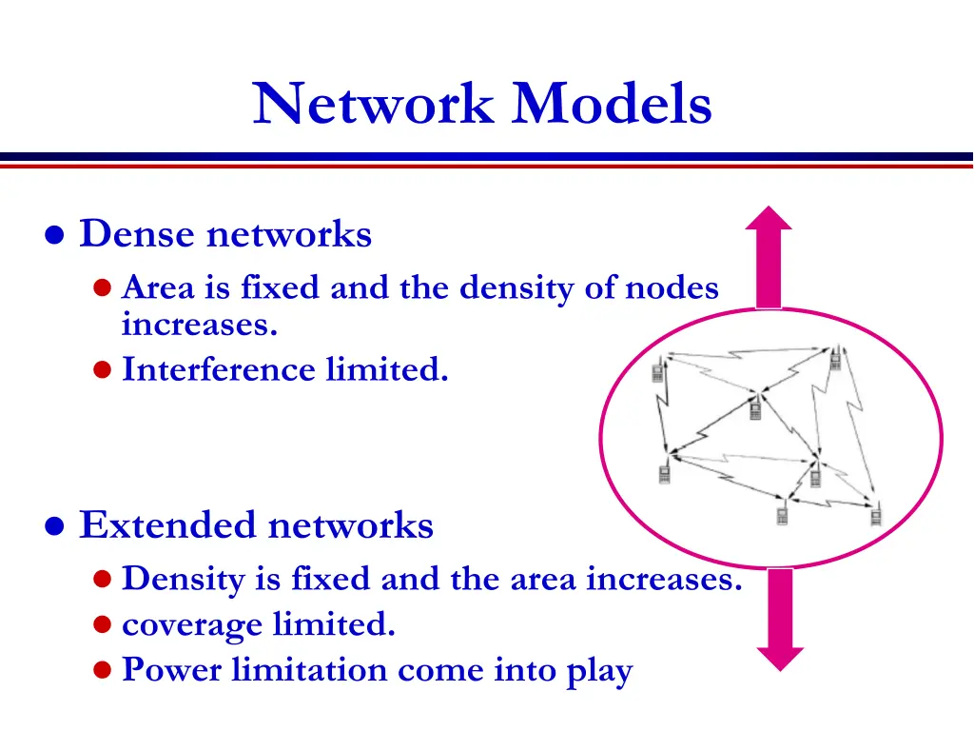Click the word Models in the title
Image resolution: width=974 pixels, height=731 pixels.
point(612,104)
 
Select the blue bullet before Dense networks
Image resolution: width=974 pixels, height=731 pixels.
point(56,235)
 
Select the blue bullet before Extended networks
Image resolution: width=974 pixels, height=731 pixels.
point(56,525)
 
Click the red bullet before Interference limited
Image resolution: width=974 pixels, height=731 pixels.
point(104,370)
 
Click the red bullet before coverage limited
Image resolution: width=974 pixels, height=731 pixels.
point(104,625)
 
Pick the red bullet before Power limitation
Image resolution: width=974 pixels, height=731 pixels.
point(104,671)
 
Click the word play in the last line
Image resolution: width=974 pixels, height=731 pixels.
point(600,672)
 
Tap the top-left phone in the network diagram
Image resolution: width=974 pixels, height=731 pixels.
point(657,371)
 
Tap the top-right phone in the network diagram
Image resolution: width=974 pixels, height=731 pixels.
point(836,360)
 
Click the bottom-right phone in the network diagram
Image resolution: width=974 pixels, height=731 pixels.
point(877,517)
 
